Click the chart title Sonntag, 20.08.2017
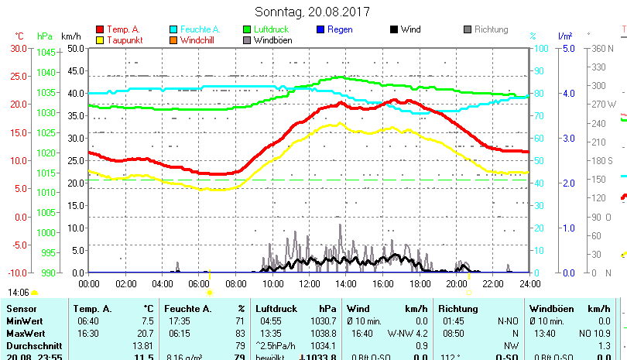pos(313,12)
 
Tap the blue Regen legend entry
pos(340,29)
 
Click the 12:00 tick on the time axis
pos(309,284)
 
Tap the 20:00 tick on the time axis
pos(456,284)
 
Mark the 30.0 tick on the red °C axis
pos(18,48)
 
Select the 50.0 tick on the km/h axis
pos(75,48)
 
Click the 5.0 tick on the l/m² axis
pos(568,48)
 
